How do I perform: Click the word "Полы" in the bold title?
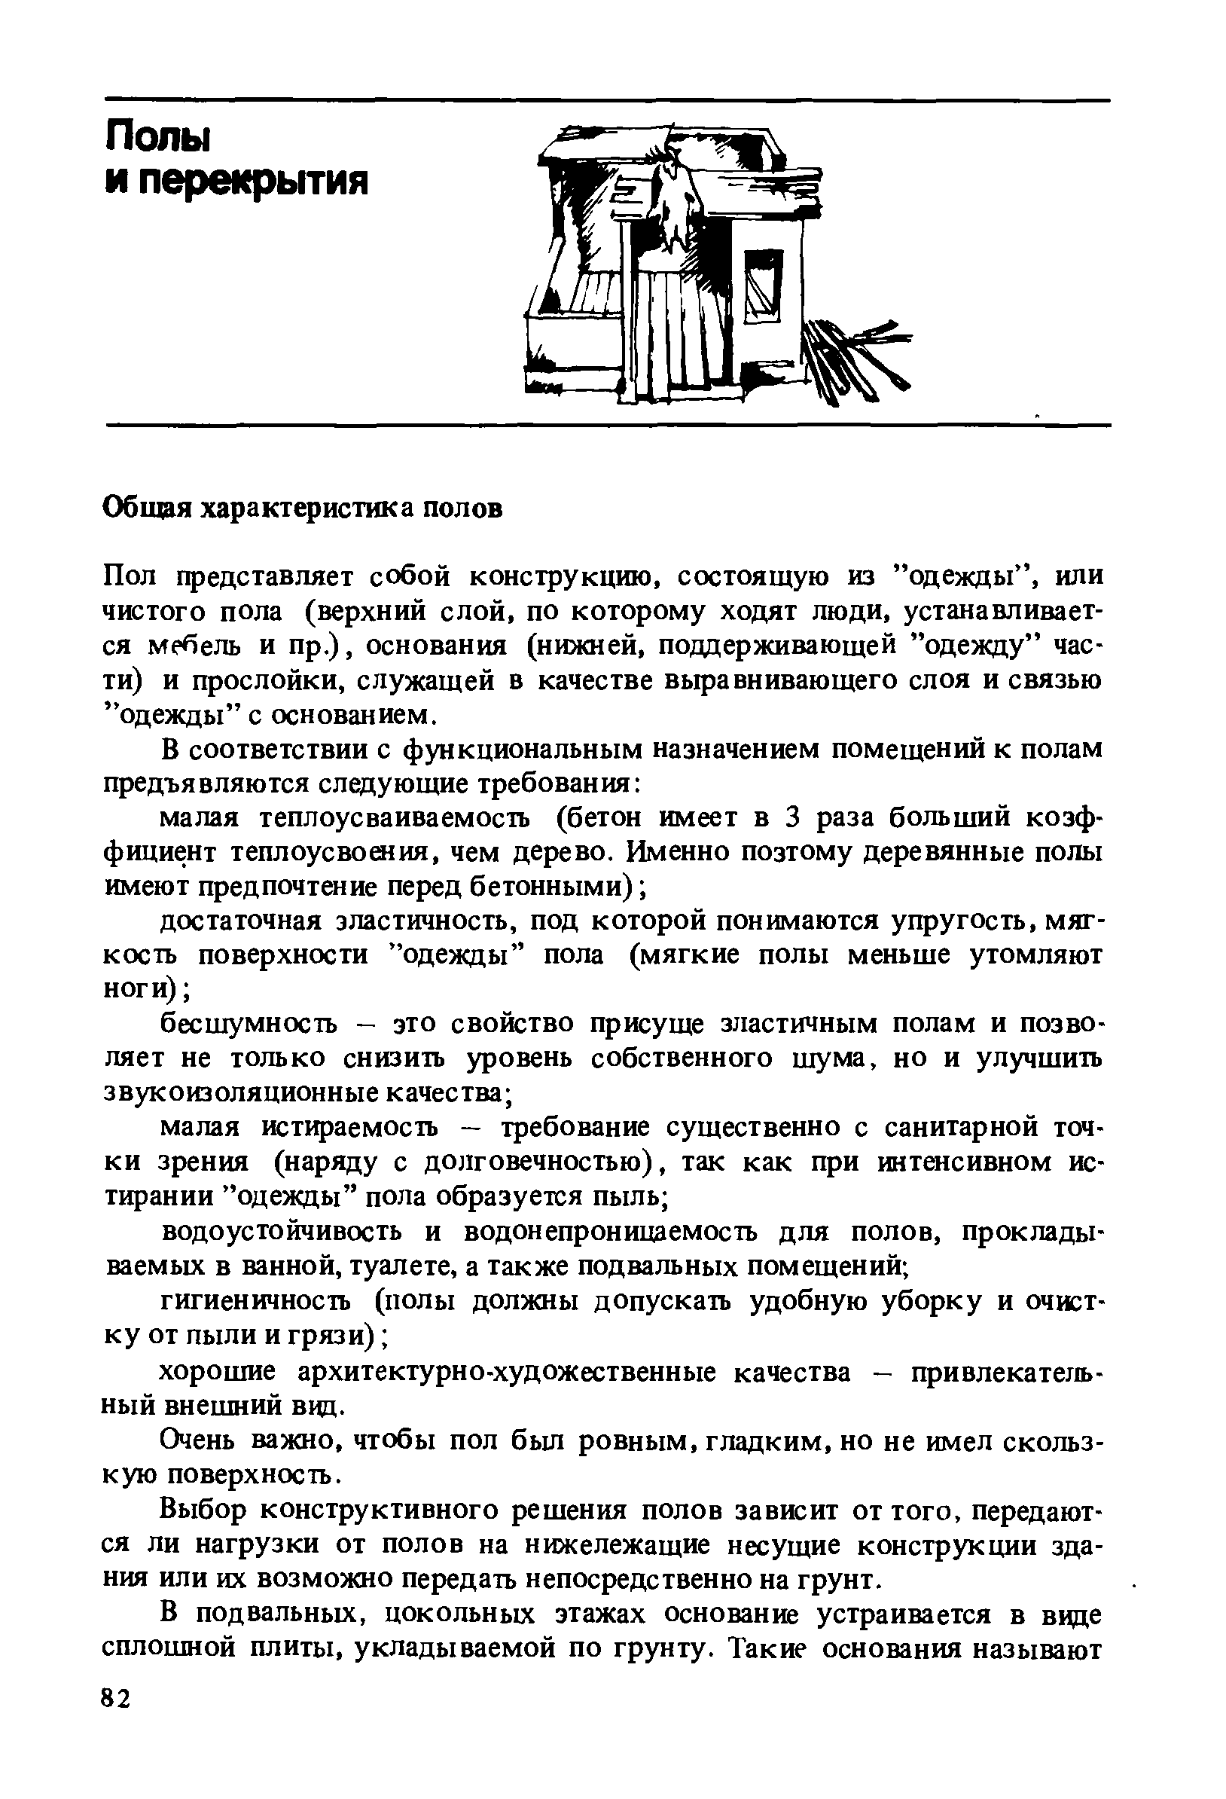[x=158, y=138]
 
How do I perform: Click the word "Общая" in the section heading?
[x=147, y=509]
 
